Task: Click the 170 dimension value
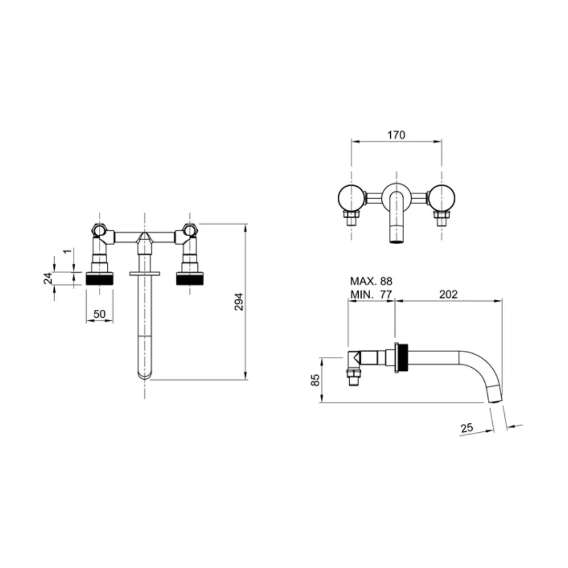click(x=396, y=135)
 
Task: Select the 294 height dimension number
click(x=239, y=301)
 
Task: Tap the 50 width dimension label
click(x=99, y=313)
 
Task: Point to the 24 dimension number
click(x=48, y=278)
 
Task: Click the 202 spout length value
click(x=449, y=295)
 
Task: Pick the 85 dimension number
click(x=316, y=380)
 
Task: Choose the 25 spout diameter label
click(x=467, y=428)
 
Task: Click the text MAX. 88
click(x=371, y=281)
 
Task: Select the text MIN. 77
click(x=371, y=295)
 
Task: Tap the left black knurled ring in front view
click(x=100, y=279)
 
